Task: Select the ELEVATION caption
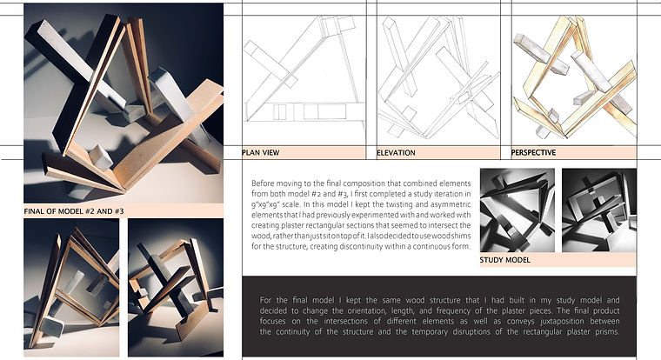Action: click(x=396, y=153)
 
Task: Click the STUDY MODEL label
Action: click(x=507, y=259)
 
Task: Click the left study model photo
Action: click(x=517, y=210)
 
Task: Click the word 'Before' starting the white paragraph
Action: click(x=265, y=184)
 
